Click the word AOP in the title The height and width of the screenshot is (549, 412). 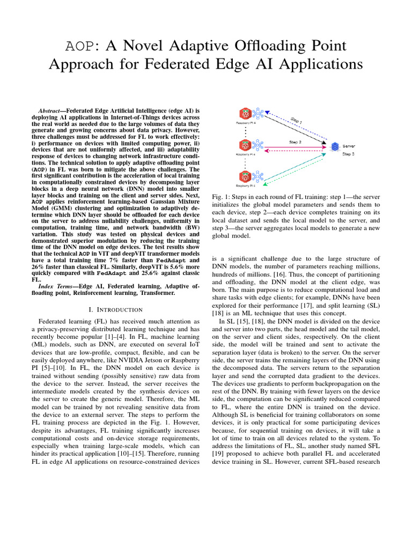[63, 46]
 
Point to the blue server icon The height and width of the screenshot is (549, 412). [335, 146]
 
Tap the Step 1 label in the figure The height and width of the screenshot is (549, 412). [297, 122]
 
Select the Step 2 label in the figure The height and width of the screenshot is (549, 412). [295, 143]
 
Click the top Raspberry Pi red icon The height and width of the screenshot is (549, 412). [246, 114]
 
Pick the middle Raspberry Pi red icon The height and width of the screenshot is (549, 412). [246, 145]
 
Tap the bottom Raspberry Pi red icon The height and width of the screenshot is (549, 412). [246, 176]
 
